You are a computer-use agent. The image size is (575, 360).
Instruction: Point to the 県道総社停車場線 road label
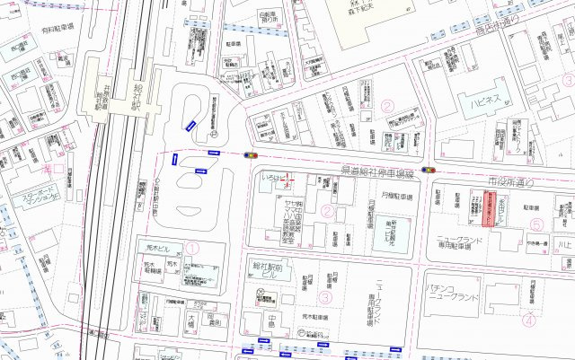click(381, 171)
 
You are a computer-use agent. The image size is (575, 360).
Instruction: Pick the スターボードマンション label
click(37, 197)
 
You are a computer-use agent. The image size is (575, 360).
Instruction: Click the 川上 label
click(563, 244)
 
